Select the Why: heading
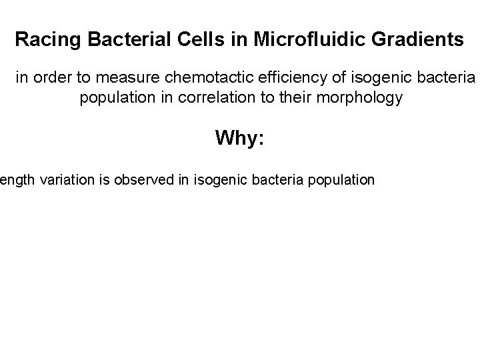point(240,139)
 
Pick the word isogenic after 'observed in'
point(220,180)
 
